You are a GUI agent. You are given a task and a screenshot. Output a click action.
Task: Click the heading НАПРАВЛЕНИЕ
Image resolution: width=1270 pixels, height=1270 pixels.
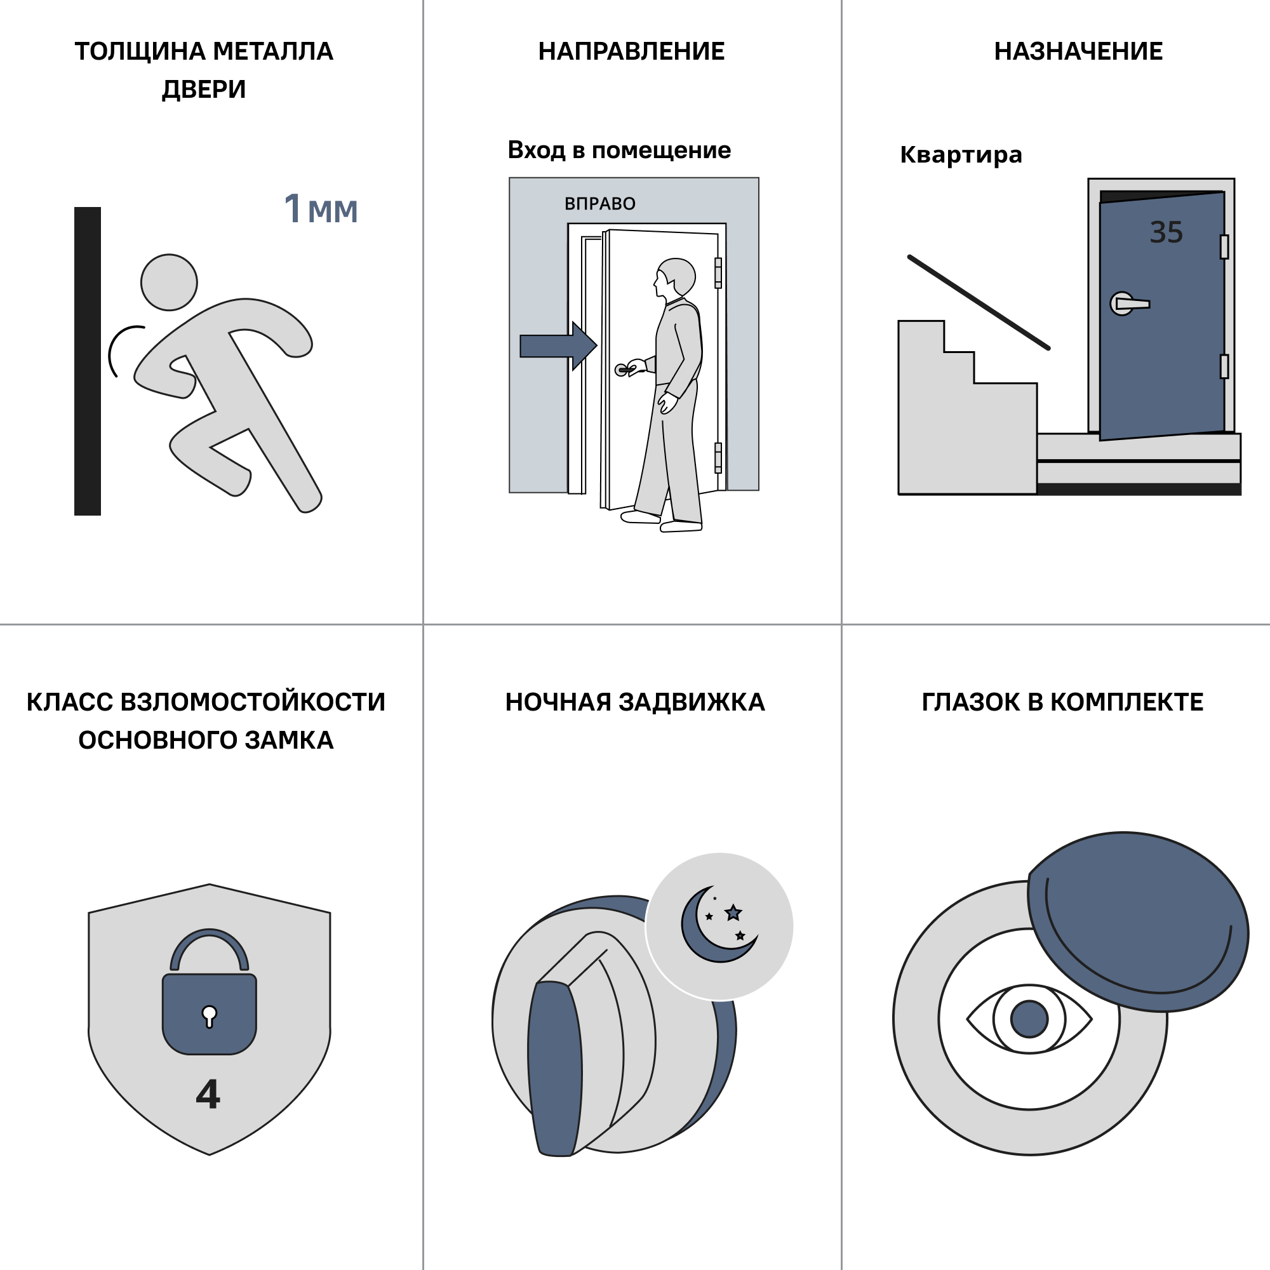(631, 51)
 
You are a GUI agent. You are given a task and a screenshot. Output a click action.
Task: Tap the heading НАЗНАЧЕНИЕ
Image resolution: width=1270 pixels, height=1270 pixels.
(1078, 51)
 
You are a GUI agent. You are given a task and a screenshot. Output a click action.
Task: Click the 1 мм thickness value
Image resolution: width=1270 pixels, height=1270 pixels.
(321, 209)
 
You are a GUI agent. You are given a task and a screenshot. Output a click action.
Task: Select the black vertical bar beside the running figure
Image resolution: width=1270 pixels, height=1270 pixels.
(88, 361)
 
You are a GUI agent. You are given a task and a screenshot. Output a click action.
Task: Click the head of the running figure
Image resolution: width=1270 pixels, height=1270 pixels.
(169, 282)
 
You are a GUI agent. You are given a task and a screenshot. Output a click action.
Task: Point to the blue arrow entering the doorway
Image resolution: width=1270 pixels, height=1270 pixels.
(558, 346)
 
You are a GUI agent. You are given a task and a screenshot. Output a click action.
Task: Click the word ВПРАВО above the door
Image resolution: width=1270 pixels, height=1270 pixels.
(599, 204)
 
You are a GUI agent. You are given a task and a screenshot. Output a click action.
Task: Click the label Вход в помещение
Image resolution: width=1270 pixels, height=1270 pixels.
(619, 150)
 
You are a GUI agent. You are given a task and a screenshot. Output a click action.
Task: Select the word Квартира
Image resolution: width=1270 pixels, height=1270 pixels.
(961, 154)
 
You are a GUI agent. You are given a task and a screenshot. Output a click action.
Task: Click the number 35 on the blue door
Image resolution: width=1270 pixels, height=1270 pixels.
(1166, 232)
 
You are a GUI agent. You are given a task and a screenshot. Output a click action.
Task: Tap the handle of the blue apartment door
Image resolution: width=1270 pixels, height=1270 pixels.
(1129, 304)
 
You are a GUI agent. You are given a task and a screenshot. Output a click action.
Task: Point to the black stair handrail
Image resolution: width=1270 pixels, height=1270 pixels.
(979, 302)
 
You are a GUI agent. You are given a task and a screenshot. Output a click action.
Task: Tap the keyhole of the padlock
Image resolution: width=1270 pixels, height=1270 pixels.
(209, 1016)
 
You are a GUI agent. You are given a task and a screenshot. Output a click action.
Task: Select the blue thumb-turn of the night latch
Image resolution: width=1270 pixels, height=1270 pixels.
(556, 1068)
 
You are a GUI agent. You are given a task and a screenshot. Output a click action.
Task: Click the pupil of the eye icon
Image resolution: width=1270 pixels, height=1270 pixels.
(1029, 1019)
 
